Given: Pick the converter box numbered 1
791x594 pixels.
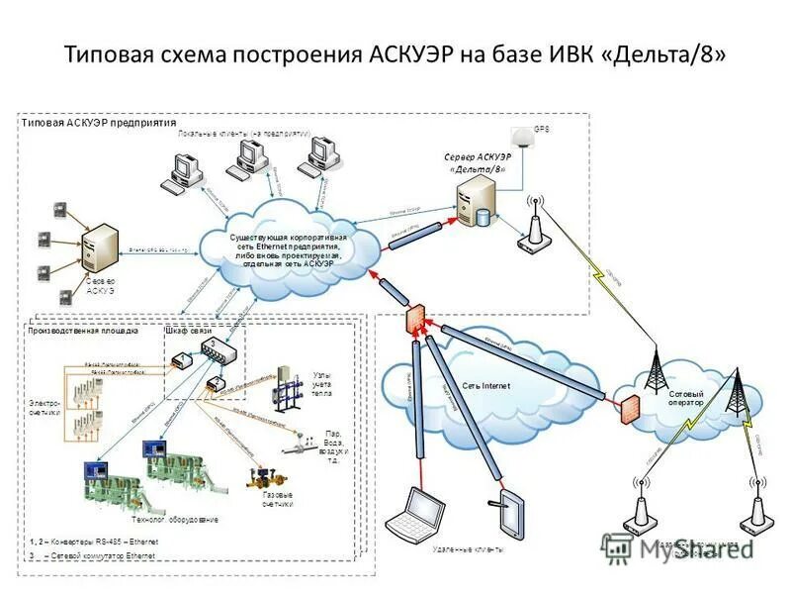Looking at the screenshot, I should pos(183,363).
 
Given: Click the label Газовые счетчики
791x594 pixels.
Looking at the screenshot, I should pos(277,501).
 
